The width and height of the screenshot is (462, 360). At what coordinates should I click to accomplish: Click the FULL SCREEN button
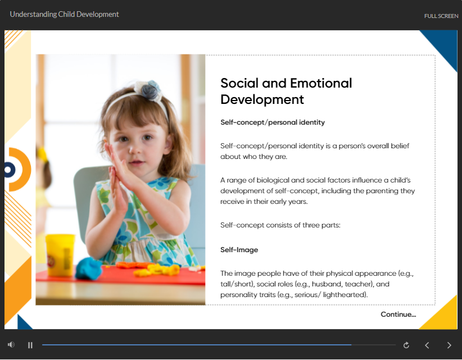pos(441,16)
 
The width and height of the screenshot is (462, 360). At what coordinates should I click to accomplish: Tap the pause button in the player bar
pos(30,345)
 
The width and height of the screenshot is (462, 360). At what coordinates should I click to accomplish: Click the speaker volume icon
pos(11,344)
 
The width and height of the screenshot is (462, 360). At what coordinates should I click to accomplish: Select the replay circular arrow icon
pos(406,345)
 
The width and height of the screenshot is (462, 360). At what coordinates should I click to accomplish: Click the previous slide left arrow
pos(427,345)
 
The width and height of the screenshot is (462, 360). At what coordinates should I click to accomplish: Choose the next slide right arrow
pos(449,345)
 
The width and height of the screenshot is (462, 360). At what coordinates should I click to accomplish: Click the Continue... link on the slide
pos(398,315)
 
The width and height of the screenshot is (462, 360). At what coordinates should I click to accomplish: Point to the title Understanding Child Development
pos(64,15)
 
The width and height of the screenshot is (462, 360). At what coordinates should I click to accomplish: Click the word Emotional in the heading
pos(321,83)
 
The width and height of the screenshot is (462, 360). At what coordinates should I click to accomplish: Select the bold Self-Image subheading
pos(239,250)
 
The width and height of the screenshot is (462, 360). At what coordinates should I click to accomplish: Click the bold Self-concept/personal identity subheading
pos(273,122)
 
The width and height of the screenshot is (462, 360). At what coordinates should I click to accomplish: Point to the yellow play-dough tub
pos(60,255)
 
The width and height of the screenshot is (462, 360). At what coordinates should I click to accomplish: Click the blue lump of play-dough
pos(89,268)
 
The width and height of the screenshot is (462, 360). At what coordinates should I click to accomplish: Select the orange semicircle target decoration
pos(20,170)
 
